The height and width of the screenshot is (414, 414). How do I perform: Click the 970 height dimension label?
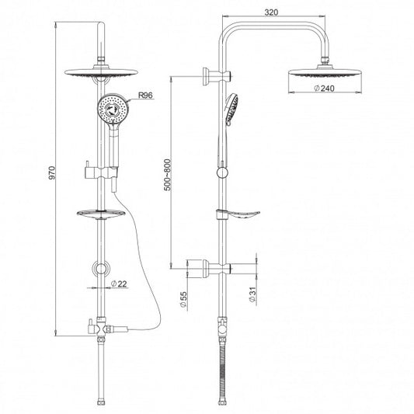(52, 173)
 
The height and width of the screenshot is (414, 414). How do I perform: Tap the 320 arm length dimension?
(271, 12)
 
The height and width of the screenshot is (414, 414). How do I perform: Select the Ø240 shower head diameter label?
(324, 89)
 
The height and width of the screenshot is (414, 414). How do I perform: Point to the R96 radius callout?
(146, 95)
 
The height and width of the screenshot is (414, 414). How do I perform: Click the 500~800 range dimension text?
(168, 175)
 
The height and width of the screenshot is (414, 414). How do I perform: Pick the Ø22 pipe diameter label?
(119, 284)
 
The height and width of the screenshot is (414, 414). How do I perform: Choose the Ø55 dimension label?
(183, 299)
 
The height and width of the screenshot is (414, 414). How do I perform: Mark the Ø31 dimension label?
(252, 294)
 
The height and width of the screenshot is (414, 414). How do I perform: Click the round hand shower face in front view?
(113, 109)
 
